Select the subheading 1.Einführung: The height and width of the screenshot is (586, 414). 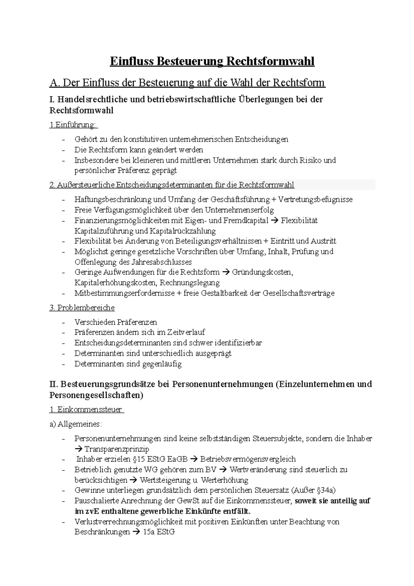point(73,125)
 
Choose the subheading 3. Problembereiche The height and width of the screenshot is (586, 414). point(82,307)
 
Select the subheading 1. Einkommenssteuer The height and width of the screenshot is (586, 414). point(86,410)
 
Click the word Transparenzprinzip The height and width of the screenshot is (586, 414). point(117,449)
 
